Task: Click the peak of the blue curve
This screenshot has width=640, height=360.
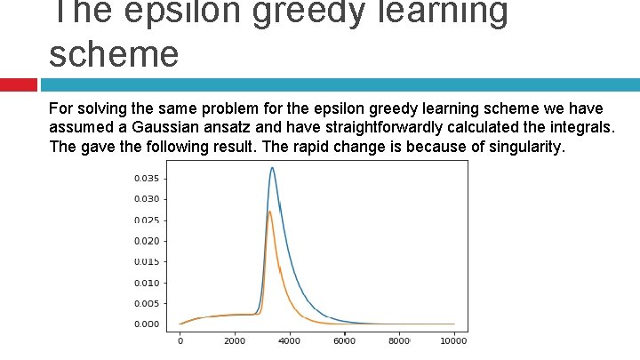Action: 272,168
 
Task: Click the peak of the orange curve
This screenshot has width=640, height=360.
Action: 269,212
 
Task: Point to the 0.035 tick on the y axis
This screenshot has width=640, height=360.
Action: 147,178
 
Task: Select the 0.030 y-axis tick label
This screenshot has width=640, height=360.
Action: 147,199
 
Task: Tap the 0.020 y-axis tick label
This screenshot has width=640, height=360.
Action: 147,241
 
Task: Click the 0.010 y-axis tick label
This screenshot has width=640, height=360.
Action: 147,283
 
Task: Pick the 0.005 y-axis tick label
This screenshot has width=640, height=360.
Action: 147,303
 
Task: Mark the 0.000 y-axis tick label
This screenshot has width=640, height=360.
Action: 147,324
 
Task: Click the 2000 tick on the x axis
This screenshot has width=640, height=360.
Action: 235,340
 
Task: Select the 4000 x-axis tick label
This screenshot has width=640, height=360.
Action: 290,340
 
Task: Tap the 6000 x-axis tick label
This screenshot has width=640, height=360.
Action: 344,340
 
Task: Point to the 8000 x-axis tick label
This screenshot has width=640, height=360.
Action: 399,340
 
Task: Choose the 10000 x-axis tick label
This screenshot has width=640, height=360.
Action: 453,340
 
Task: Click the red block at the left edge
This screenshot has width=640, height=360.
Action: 18,84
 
